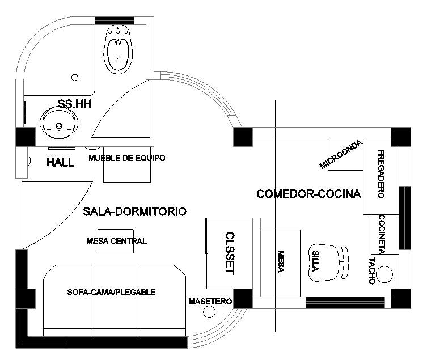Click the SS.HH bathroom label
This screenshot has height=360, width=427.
click(x=75, y=103)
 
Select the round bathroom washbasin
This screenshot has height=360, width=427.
click(x=58, y=122)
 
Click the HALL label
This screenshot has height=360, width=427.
click(x=60, y=163)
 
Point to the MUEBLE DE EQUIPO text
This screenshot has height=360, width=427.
click(x=127, y=158)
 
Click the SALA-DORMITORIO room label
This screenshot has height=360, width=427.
click(x=134, y=211)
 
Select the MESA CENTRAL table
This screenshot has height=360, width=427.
click(x=116, y=242)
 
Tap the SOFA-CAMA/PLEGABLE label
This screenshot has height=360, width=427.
click(x=111, y=293)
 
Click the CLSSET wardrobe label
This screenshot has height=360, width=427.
click(x=230, y=253)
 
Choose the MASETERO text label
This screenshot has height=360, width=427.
click(x=210, y=302)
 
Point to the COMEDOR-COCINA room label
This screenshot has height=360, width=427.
click(x=308, y=194)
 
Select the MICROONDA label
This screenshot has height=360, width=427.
click(x=341, y=155)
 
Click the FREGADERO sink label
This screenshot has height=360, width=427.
click(x=381, y=174)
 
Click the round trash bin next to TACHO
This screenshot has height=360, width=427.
click(x=384, y=274)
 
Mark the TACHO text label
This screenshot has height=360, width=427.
click(x=371, y=271)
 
